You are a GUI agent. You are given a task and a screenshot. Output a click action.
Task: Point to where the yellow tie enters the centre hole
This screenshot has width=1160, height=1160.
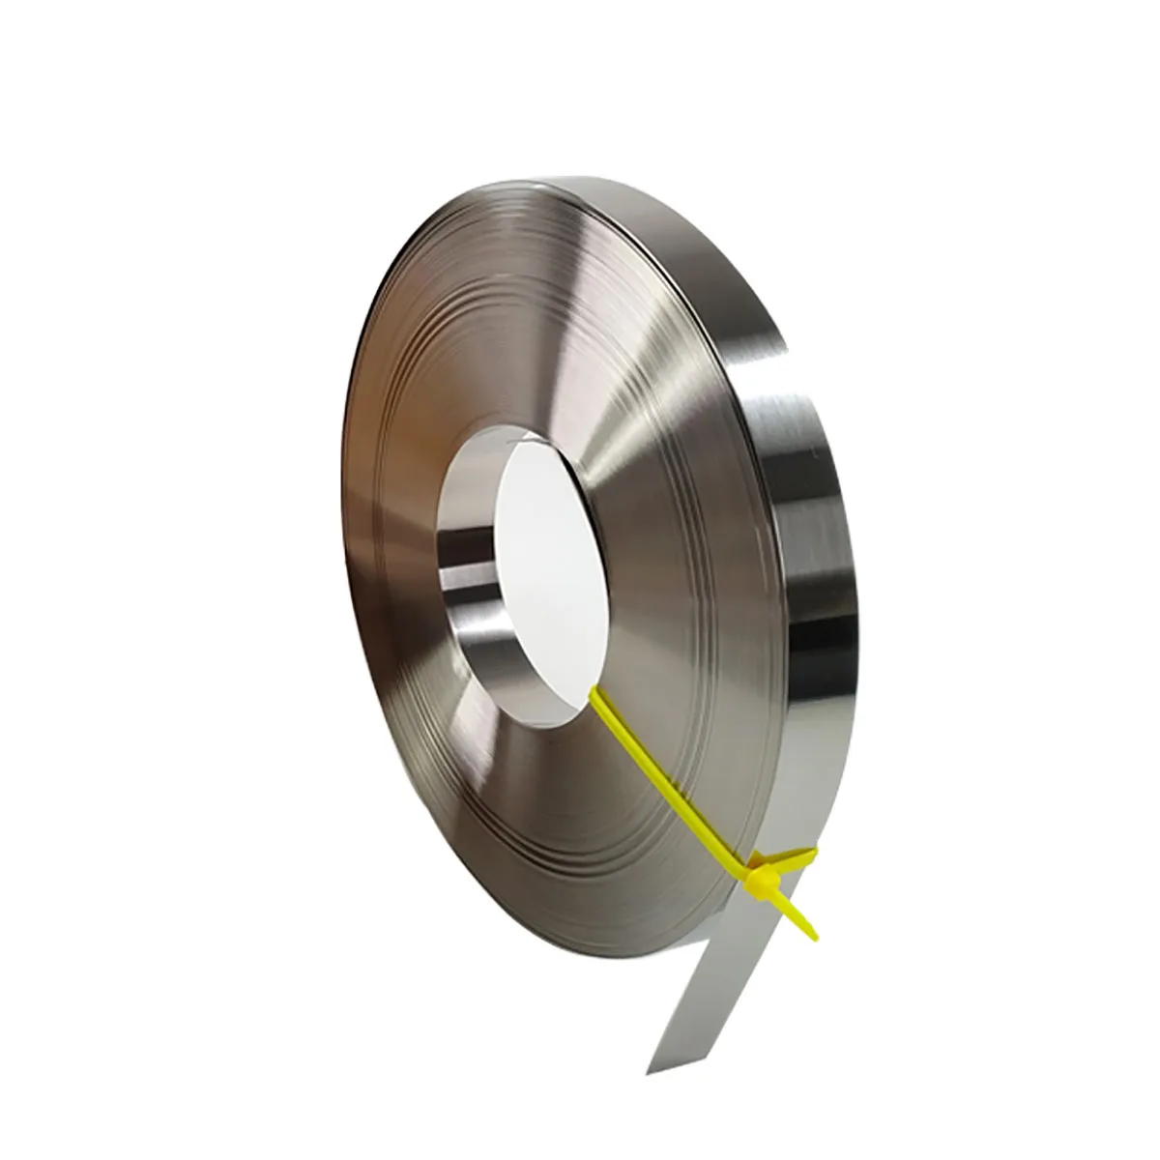point(593,690)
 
